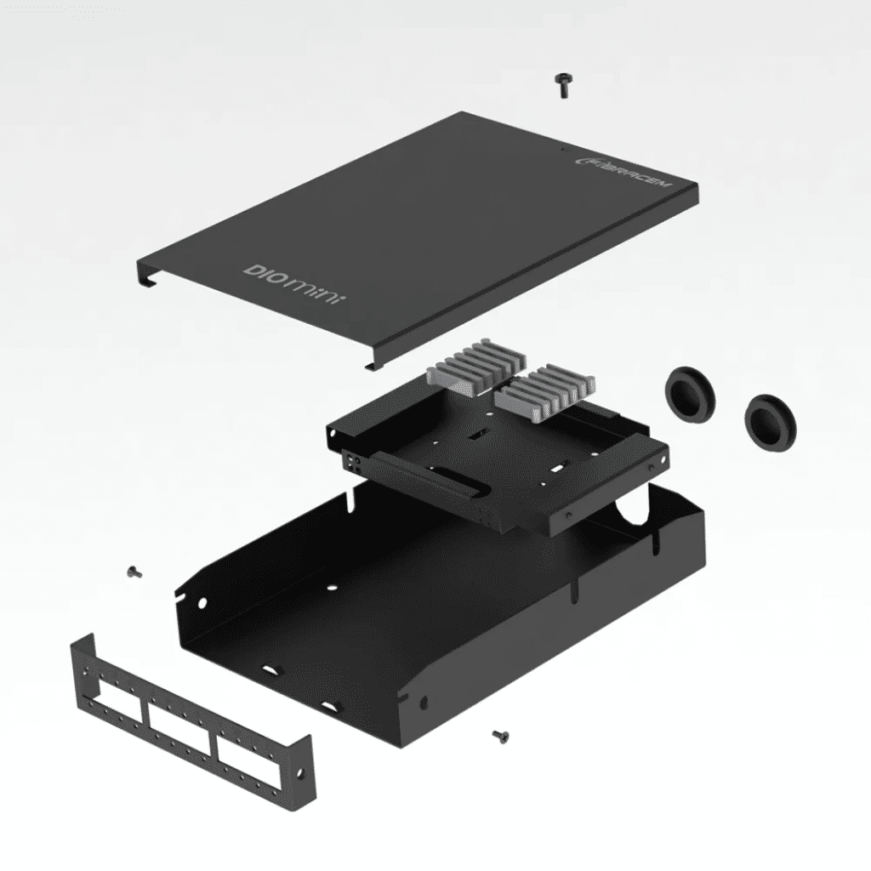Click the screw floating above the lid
pos(561,84)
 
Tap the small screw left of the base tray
pos(133,572)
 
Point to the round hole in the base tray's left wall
pos(203,603)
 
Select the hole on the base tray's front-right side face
pos(424,703)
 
